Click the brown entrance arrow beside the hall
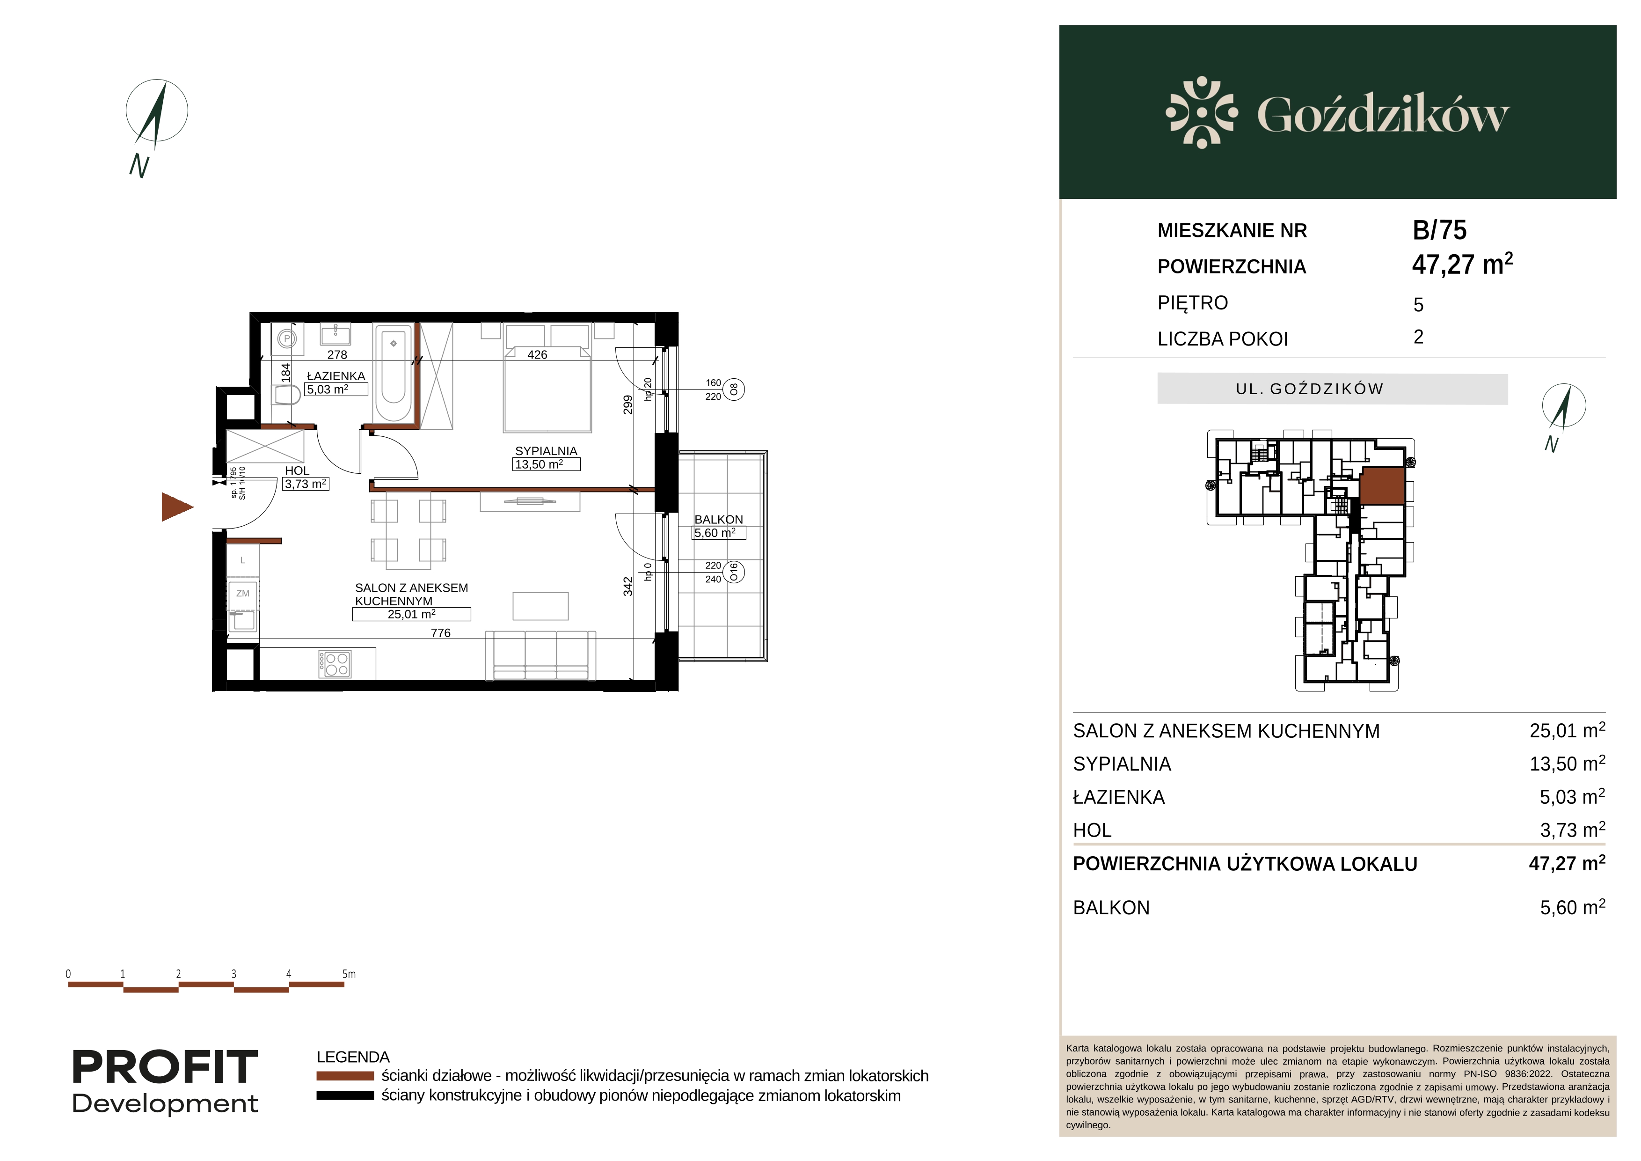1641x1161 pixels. [176, 507]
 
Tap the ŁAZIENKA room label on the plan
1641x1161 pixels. [336, 376]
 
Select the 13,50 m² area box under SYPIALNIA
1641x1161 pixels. [547, 464]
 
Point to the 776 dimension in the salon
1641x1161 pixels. [441, 632]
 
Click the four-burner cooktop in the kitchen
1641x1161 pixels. [335, 664]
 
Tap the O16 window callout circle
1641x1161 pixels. [734, 572]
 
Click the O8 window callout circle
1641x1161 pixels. [734, 389]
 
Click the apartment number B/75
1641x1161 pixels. [1439, 230]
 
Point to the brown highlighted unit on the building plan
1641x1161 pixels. [1382, 486]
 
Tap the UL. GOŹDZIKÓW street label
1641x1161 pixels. [1309, 389]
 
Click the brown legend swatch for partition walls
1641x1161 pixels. [345, 1076]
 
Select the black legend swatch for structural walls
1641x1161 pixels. [345, 1095]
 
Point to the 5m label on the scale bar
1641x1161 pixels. [349, 974]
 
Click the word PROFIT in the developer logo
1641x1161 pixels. [165, 1067]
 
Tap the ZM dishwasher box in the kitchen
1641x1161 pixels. [243, 593]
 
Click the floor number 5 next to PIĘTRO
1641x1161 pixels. [1419, 305]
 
